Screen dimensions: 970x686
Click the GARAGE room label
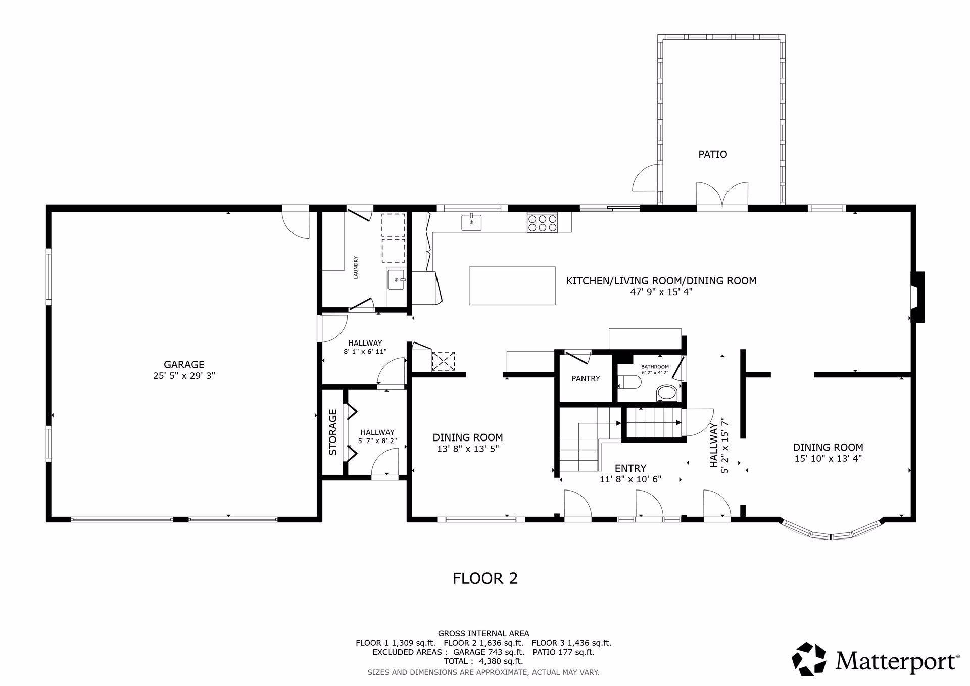(184, 364)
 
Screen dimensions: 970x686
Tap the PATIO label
(713, 154)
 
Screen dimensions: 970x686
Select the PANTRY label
(586, 378)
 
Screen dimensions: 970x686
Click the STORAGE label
(333, 432)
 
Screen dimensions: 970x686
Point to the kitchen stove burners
(542, 223)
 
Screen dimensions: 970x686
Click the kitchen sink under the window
(471, 222)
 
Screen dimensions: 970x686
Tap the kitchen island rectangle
(512, 285)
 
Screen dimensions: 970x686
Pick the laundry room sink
(396, 279)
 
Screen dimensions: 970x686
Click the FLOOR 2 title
(485, 578)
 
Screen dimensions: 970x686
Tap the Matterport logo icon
(808, 659)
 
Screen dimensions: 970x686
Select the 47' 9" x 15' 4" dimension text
(661, 292)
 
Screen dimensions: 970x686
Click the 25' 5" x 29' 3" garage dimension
(184, 376)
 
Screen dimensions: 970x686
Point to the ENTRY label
(630, 468)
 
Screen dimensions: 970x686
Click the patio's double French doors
(722, 196)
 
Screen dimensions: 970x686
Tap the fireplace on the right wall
(917, 297)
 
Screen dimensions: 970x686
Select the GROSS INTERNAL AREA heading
(483, 633)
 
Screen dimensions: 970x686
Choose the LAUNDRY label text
(356, 268)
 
